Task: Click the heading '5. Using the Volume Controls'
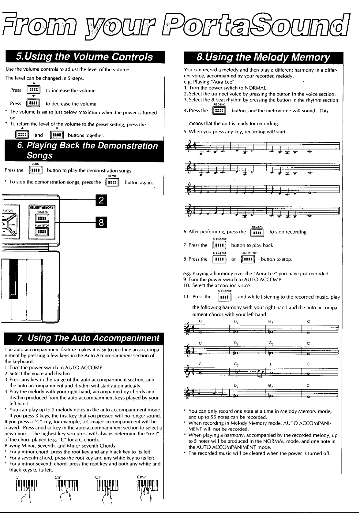pyautogui.click(x=84, y=57)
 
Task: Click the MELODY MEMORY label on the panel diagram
pyautogui.click(x=41, y=207)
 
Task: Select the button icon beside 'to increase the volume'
pyautogui.click(x=32, y=90)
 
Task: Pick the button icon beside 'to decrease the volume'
pyautogui.click(x=32, y=103)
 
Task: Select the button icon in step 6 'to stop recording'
pyautogui.click(x=257, y=232)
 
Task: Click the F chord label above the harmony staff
pyautogui.click(x=271, y=364)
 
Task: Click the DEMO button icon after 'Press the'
pyautogui.click(x=35, y=170)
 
